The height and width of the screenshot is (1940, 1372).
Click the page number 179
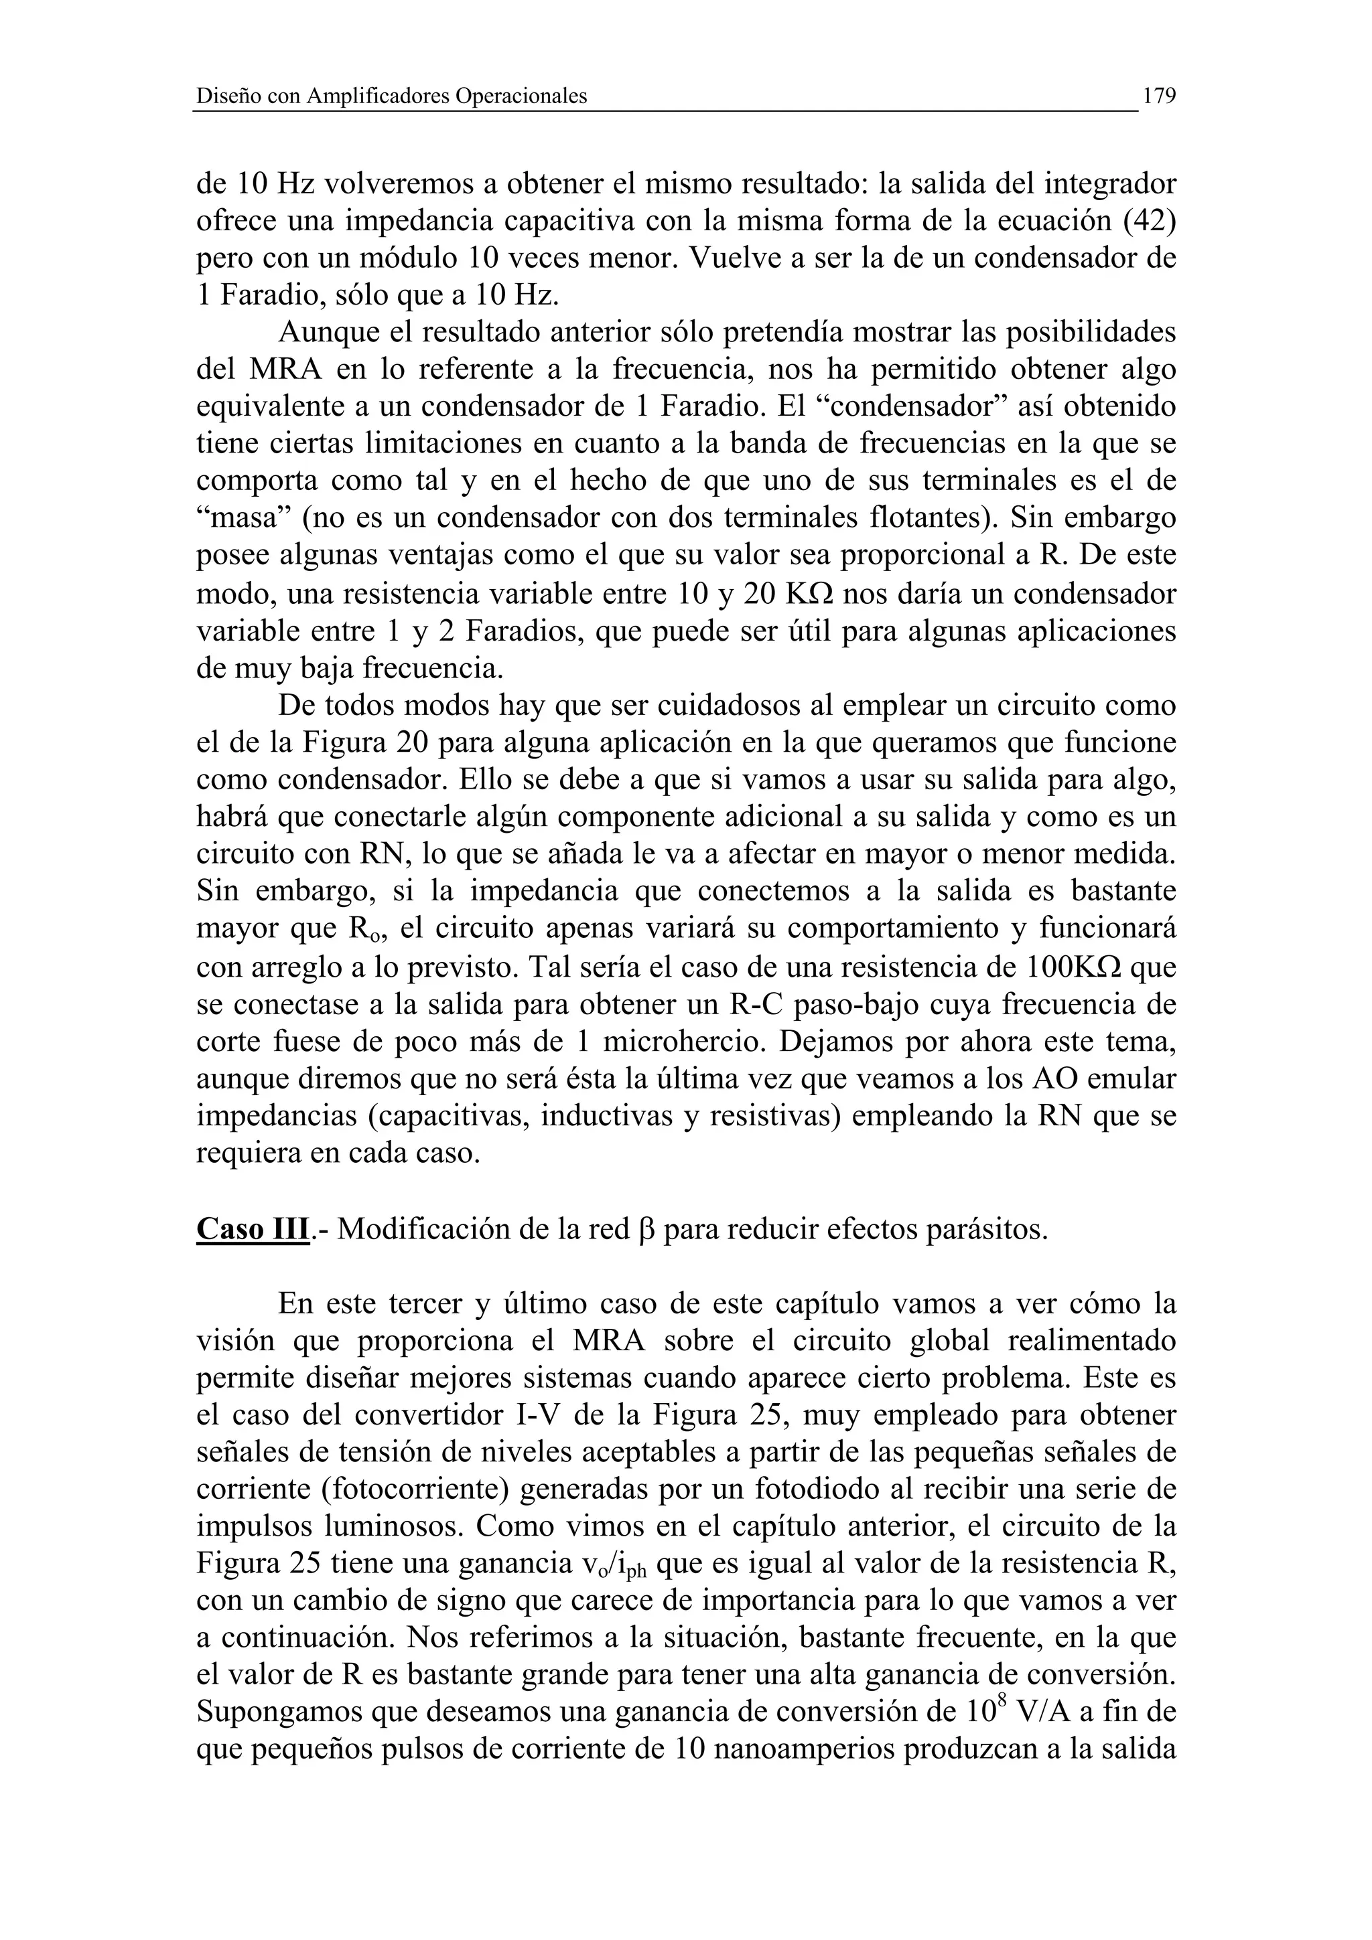click(x=1159, y=96)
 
